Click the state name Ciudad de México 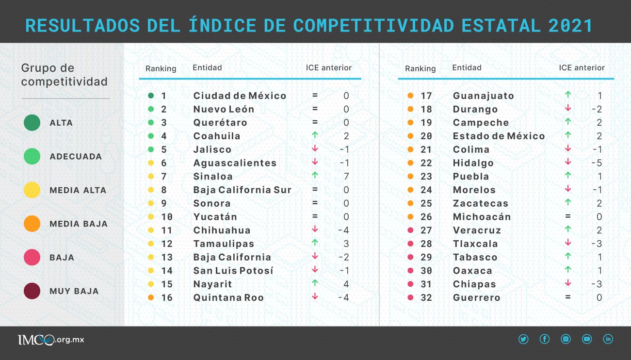[240, 96]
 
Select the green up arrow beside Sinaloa [315, 176]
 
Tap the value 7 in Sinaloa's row [346, 177]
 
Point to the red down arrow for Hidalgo [568, 162]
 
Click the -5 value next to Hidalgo [597, 163]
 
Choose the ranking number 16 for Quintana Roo [167, 297]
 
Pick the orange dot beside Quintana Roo [151, 297]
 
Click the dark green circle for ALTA [32, 123]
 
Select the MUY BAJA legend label [74, 291]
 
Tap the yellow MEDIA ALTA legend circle [32, 190]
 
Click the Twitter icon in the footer [523, 340]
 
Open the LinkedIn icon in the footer [608, 340]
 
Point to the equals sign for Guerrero [568, 297]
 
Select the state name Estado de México [499, 136]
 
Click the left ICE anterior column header [328, 68]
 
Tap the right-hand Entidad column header [467, 68]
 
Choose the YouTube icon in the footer [587, 340]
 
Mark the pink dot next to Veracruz [410, 230]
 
